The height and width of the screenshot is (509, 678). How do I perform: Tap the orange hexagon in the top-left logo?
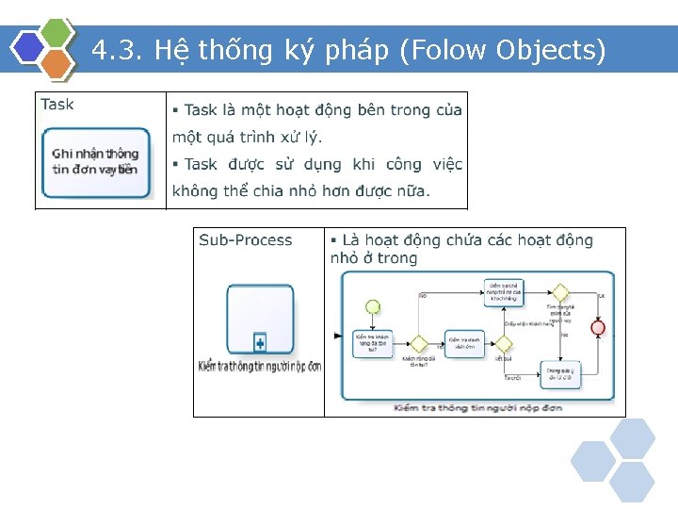pyautogui.click(x=56, y=63)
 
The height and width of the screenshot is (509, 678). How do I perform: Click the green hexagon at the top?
pyautogui.click(x=56, y=32)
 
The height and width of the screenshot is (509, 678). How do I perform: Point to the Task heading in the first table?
pyautogui.click(x=57, y=105)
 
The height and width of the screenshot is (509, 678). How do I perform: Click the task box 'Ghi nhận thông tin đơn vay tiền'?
pyautogui.click(x=95, y=162)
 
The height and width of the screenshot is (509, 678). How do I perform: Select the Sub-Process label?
pyautogui.click(x=246, y=240)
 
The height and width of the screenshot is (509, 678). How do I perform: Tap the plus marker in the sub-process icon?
pyautogui.click(x=260, y=343)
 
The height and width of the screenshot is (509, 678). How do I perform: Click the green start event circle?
pyautogui.click(x=372, y=306)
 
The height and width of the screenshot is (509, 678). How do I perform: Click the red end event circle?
pyautogui.click(x=597, y=327)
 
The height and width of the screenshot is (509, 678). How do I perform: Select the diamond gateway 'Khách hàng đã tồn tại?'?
pyautogui.click(x=418, y=344)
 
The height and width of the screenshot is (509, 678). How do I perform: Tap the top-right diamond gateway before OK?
pyautogui.click(x=561, y=291)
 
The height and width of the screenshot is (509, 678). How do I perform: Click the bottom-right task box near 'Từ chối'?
pyautogui.click(x=559, y=374)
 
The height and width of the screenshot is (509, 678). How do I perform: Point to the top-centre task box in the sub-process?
pyautogui.click(x=505, y=290)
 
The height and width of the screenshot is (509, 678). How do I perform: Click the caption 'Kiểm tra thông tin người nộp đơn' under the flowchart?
pyautogui.click(x=478, y=407)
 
